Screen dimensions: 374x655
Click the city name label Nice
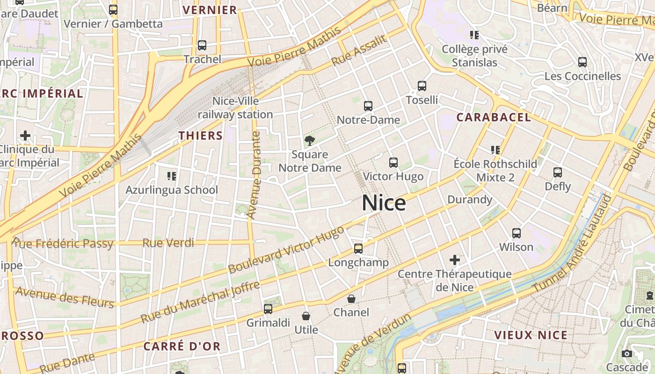(384, 203)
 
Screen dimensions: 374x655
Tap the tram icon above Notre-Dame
(368, 106)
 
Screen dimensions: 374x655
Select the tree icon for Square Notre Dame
(309, 140)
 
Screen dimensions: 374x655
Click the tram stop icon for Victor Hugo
(393, 163)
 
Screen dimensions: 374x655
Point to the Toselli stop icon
(422, 86)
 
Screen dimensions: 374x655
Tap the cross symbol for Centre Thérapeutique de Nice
(455, 259)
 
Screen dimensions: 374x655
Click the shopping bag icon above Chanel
(351, 299)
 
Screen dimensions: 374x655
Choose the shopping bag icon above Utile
(306, 316)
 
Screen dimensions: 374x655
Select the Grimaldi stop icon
(268, 309)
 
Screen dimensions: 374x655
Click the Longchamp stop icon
(358, 249)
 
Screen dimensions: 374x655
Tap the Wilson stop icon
(517, 233)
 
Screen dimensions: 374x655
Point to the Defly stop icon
(558, 173)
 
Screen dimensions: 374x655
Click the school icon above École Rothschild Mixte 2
(495, 150)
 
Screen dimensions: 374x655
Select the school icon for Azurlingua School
(172, 176)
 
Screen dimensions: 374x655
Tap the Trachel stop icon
(202, 45)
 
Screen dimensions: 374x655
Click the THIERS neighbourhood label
(200, 136)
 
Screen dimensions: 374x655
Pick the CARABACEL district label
(494, 117)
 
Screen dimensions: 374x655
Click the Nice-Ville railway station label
(235, 108)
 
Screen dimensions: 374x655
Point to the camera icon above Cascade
(627, 354)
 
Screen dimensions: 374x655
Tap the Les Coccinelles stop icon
(582, 62)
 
